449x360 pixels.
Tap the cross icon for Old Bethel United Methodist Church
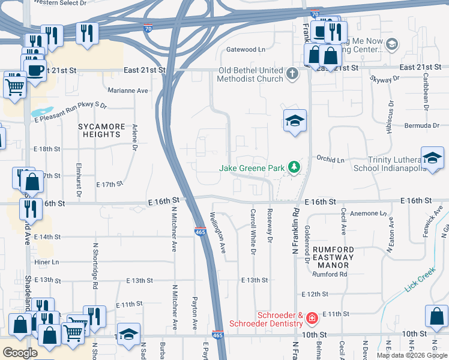click(292, 74)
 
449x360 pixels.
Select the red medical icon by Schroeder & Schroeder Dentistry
click(312, 318)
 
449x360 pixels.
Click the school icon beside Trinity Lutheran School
click(432, 159)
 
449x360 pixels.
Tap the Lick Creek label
click(419, 282)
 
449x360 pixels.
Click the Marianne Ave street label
click(128, 91)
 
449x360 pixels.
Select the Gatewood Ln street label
click(245, 49)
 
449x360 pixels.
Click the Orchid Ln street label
click(331, 160)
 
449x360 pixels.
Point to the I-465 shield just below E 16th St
click(200, 232)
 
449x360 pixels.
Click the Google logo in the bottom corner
click(20, 353)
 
